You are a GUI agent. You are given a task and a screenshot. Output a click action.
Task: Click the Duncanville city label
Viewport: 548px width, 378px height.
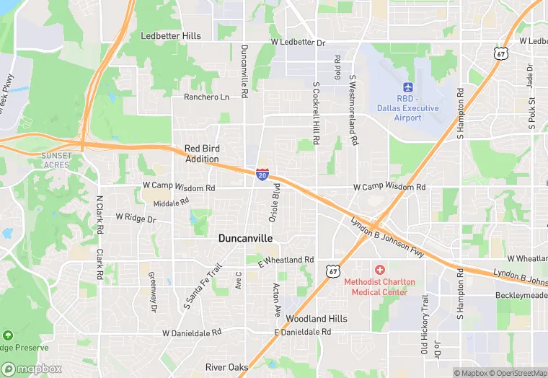[245, 237]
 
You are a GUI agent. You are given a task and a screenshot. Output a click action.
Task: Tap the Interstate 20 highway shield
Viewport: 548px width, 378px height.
[262, 174]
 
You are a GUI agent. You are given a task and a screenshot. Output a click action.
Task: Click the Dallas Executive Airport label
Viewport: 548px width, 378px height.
[407, 108]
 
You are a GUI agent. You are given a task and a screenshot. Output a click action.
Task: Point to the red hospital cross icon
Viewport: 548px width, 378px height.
[379, 269]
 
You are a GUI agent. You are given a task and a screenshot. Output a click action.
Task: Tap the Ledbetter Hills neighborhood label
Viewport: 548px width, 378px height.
[171, 36]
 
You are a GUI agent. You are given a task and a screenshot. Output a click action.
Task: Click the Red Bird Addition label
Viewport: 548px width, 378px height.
[202, 154]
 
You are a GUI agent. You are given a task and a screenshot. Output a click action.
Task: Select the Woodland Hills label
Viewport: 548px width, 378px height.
[317, 318]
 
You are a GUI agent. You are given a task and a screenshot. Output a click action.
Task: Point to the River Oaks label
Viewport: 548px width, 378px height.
[226, 367]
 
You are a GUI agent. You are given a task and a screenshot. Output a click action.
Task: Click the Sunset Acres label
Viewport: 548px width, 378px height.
[56, 160]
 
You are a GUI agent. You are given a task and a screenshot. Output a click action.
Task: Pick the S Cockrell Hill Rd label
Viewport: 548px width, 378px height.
[316, 112]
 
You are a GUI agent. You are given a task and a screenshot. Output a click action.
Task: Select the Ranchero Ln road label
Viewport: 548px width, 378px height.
[206, 97]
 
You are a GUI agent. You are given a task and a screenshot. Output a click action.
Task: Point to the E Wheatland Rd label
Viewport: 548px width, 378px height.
[286, 260]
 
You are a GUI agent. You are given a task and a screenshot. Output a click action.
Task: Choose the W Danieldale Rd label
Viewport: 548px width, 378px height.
[191, 333]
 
